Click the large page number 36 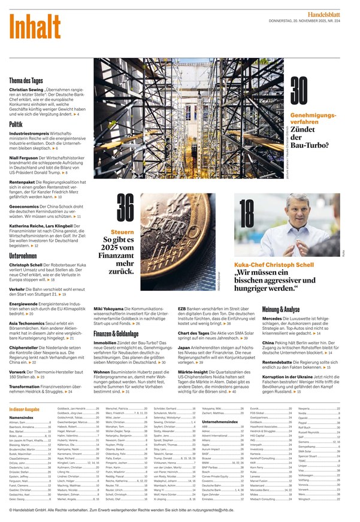125,209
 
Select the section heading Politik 16,124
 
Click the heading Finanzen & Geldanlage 120,332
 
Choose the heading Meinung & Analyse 281,309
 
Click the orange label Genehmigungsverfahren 313,118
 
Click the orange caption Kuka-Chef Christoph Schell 274,264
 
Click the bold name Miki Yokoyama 110,308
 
